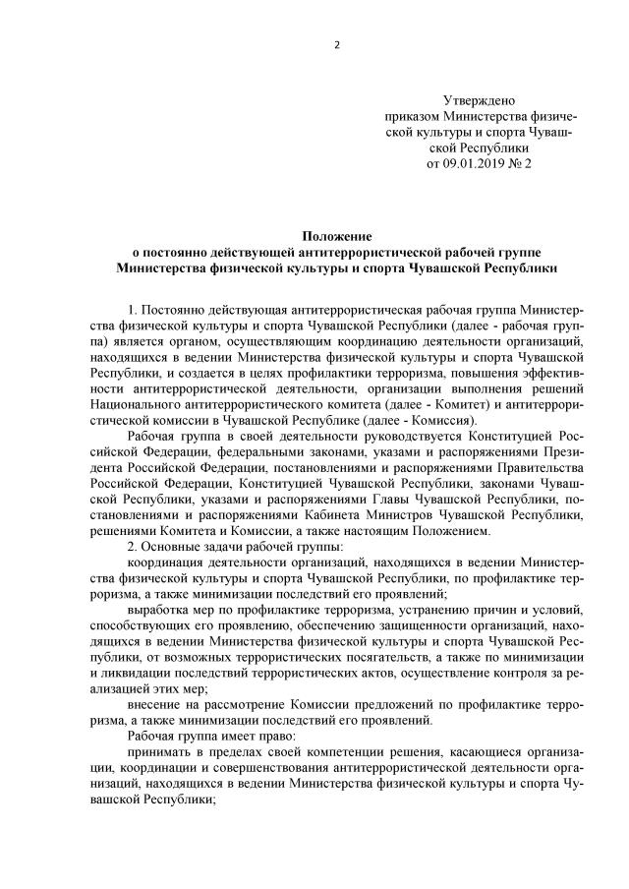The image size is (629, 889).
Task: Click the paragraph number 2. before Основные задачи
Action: (134, 546)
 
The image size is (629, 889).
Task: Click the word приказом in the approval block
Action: (414, 117)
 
